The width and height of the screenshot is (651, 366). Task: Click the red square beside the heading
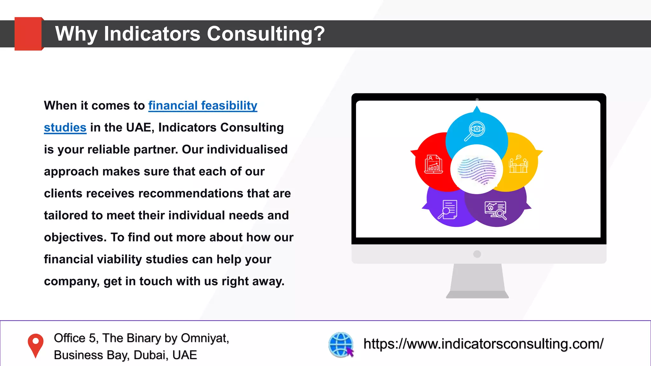click(28, 34)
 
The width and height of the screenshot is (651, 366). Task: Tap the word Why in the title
click(76, 34)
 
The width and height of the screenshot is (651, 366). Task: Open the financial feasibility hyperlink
click(202, 105)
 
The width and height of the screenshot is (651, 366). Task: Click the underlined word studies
click(65, 127)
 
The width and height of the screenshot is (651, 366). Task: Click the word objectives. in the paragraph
click(75, 237)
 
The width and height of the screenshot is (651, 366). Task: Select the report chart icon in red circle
click(434, 164)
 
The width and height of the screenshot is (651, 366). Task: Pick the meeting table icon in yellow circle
click(518, 164)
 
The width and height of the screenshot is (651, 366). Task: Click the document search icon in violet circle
click(448, 209)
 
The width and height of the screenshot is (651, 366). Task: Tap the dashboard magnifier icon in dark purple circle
click(495, 210)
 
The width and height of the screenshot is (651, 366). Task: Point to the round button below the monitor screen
click(477, 254)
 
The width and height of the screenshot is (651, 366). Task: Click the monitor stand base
click(477, 295)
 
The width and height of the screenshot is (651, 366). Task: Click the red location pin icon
click(36, 345)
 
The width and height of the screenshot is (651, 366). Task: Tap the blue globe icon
click(341, 344)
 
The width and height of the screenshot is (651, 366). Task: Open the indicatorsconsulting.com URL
click(483, 344)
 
